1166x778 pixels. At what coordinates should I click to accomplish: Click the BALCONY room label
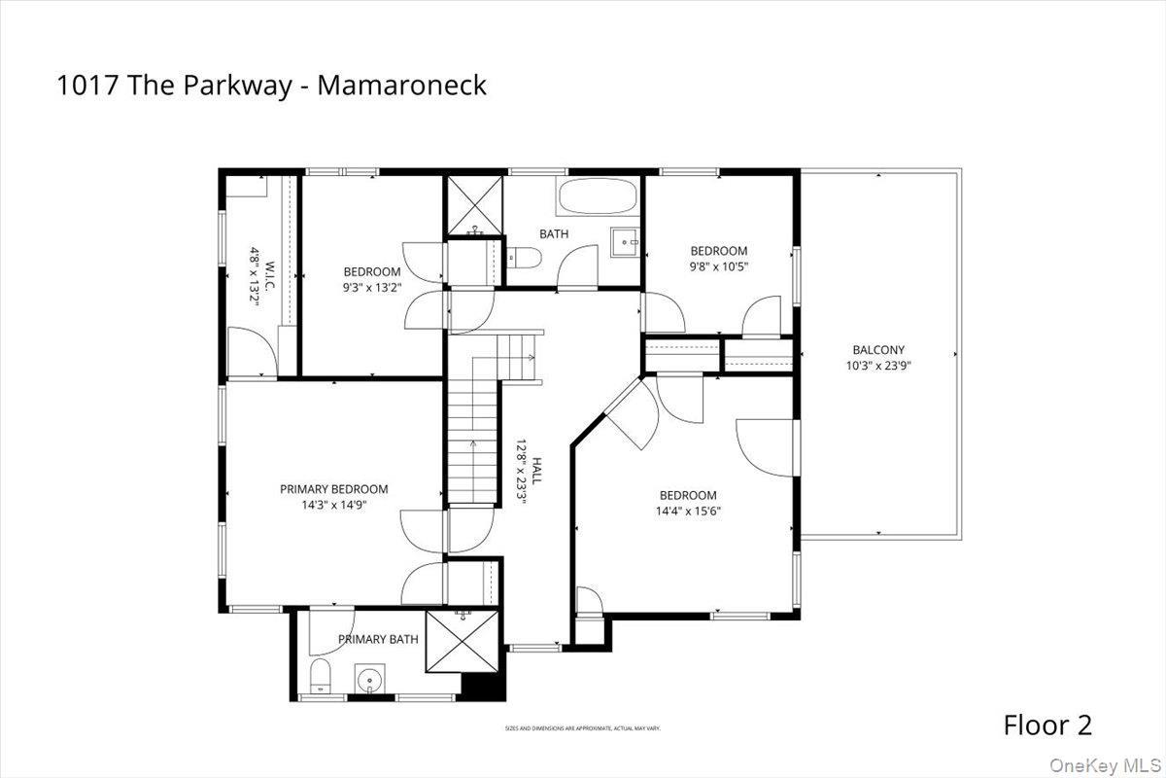click(x=878, y=350)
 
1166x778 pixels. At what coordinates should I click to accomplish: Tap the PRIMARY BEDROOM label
click(x=333, y=489)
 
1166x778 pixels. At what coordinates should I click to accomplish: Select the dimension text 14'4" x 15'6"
click(x=688, y=511)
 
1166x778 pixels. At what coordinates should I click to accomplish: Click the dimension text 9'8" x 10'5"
click(x=719, y=265)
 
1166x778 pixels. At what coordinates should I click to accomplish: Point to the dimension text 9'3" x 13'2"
click(x=372, y=287)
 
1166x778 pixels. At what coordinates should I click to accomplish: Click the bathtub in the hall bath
click(x=598, y=197)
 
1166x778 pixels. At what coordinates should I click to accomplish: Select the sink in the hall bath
click(x=625, y=239)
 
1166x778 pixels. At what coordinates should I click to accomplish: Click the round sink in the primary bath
click(x=369, y=678)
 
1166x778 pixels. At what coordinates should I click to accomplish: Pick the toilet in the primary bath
click(x=321, y=676)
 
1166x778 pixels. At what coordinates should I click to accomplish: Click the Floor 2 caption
click(x=1047, y=725)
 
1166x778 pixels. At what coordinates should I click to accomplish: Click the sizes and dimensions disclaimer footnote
click(x=582, y=727)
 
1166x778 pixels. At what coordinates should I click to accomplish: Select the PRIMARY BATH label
click(x=378, y=639)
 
